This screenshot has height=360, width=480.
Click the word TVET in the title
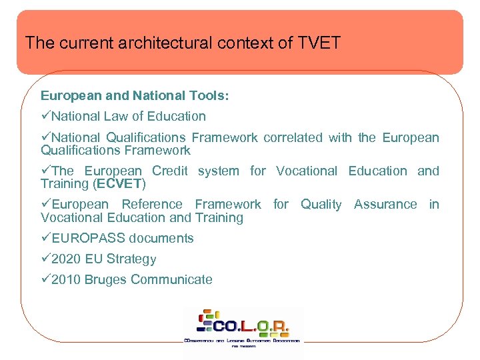(x=318, y=43)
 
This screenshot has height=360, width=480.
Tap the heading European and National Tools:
(x=135, y=96)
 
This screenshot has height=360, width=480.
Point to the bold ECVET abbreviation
(x=119, y=183)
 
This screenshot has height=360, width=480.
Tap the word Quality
(x=321, y=204)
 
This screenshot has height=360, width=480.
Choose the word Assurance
(x=385, y=204)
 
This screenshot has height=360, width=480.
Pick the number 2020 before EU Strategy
(x=65, y=259)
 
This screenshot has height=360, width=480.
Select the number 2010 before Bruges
(x=65, y=279)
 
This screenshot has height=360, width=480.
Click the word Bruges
(x=105, y=279)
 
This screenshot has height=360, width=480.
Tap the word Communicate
(x=171, y=279)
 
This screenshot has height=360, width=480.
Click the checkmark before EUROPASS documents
(x=45, y=238)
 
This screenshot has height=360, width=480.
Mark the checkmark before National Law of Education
(x=45, y=117)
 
